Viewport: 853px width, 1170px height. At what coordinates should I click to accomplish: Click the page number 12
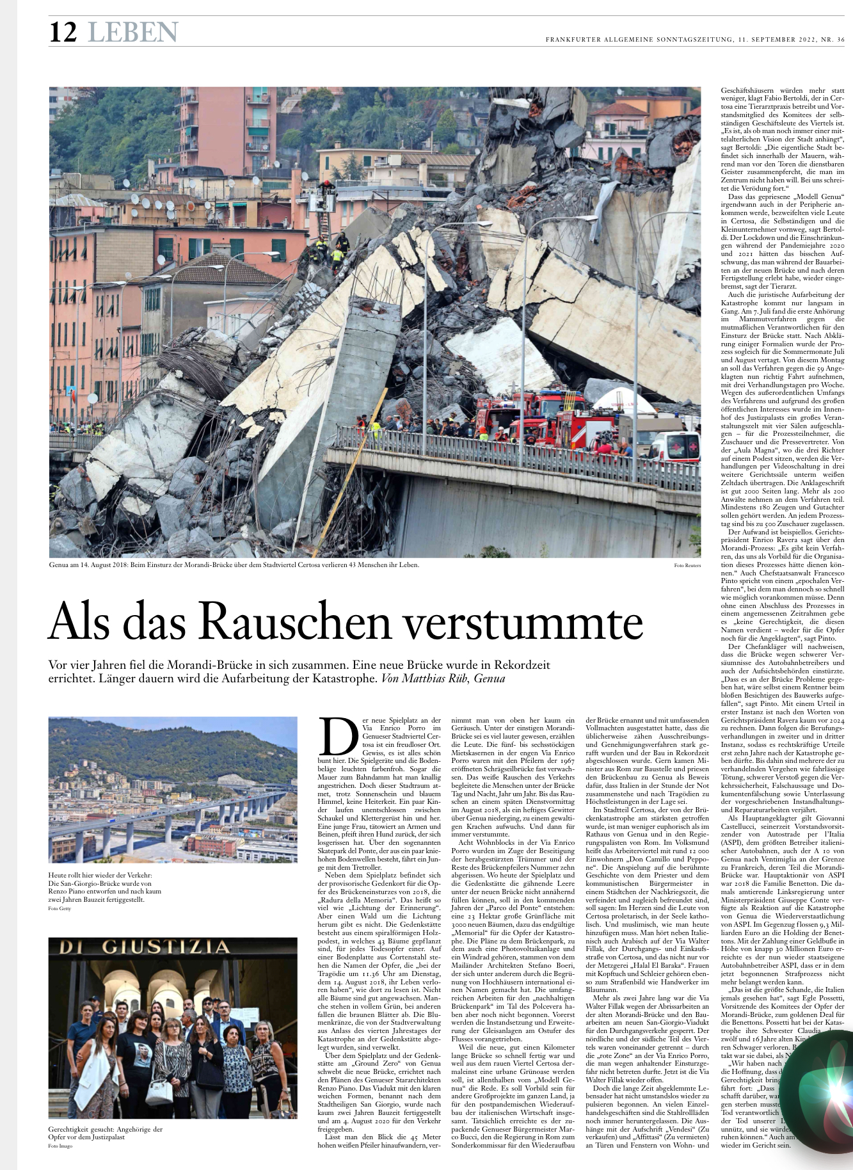tap(63, 32)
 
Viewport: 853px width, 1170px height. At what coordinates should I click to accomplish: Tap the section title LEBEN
tap(133, 32)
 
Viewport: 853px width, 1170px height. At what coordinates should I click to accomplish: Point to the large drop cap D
tap(339, 736)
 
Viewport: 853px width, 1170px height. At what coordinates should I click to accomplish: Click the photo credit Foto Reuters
tap(687, 566)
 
